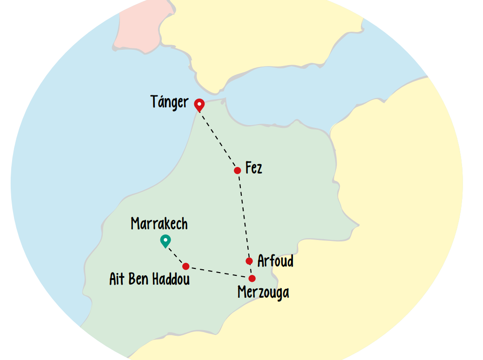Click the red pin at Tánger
point(199,105)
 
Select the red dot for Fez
point(238,170)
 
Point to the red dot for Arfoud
point(249,261)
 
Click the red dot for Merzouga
point(252,279)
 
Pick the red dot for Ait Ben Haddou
point(186,267)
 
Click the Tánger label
point(170,102)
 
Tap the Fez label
point(254,168)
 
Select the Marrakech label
point(159,224)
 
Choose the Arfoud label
point(275,261)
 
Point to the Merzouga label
point(263,293)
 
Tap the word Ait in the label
point(116,279)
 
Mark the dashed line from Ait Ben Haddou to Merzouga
point(218,273)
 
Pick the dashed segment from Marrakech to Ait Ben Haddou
point(176,256)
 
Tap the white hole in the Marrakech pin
point(165,240)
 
